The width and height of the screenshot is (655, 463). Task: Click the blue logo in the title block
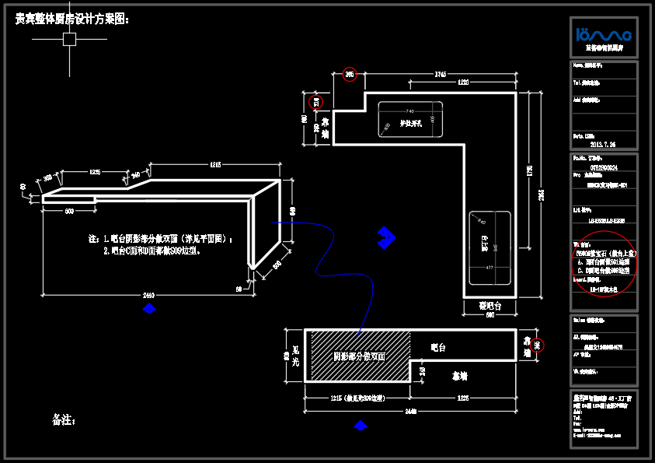pos(604,34)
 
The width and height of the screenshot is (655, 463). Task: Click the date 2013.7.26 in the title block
pos(603,145)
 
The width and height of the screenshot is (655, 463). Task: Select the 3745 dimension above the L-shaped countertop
pos(440,75)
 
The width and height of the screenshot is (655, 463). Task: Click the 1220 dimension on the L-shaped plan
pos(463,82)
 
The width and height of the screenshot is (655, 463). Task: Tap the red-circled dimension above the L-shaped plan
pos(350,75)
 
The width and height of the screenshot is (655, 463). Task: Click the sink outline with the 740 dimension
pos(410,119)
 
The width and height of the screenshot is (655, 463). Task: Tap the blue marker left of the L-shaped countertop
pos(384,238)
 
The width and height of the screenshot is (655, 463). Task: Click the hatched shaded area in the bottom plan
pos(359,356)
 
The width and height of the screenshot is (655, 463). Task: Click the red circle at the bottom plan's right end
pos(537,344)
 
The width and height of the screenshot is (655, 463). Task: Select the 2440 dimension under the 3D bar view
pos(148,295)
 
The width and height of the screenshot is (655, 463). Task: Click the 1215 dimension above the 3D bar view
pos(215,164)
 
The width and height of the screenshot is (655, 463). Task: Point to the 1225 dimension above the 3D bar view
pos(94,171)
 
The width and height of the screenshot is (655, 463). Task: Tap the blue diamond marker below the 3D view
pos(149,309)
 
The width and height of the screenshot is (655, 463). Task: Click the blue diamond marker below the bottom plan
pos(361,425)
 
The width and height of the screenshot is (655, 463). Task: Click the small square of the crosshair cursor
pos(69,40)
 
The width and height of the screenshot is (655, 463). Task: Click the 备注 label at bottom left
pos(64,420)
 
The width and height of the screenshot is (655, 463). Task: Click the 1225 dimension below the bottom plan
pos(463,398)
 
